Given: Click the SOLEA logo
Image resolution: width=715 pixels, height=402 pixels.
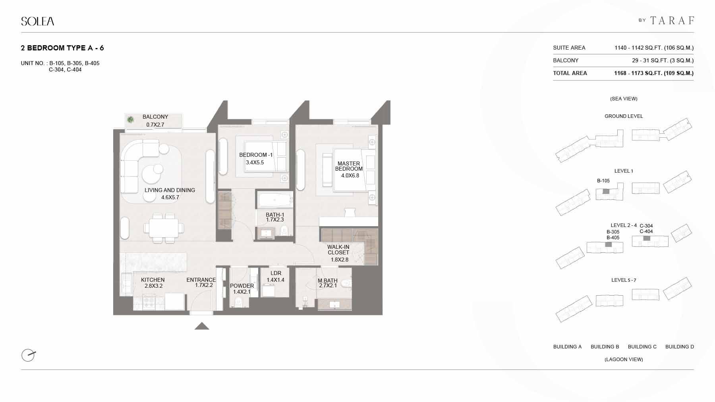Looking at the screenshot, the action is [x=38, y=21].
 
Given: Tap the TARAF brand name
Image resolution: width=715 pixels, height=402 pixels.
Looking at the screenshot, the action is [x=672, y=20].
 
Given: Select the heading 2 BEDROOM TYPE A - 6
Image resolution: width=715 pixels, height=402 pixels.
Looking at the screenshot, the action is [x=62, y=48].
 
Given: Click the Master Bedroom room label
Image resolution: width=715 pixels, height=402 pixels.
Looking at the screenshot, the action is [x=349, y=166].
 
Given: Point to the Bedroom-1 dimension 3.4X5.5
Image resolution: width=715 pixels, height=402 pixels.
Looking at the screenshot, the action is [x=255, y=162].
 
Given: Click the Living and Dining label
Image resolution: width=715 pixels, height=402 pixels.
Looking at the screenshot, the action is [x=170, y=190].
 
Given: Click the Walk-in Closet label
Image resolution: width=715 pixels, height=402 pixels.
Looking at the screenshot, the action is [x=338, y=250].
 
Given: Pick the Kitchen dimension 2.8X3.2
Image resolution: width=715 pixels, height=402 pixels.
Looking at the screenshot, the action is [x=153, y=286].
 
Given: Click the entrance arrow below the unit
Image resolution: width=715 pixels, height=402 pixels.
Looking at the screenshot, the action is [x=202, y=326].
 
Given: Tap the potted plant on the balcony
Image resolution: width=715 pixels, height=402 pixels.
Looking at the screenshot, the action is [x=130, y=119].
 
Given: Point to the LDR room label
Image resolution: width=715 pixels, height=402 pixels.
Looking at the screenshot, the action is [x=276, y=273].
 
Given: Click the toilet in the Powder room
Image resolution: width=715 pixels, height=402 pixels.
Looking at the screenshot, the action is [x=239, y=302].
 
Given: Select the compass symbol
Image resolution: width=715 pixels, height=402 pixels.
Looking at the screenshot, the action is [x=28, y=355].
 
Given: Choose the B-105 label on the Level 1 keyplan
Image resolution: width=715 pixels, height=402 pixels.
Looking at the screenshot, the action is [x=603, y=181].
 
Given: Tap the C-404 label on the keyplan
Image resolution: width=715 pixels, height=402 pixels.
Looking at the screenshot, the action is [x=646, y=231].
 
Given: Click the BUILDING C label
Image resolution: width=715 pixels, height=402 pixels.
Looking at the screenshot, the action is [x=642, y=347].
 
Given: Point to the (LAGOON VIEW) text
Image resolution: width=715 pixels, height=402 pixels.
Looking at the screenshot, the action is [x=624, y=360].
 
